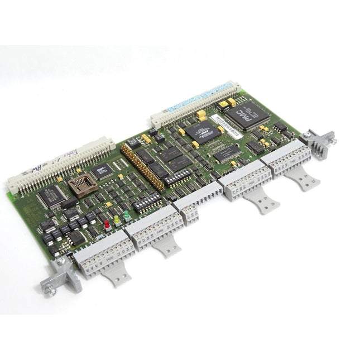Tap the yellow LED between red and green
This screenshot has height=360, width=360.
(x=117, y=219)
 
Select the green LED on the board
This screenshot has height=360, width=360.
(x=127, y=215)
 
